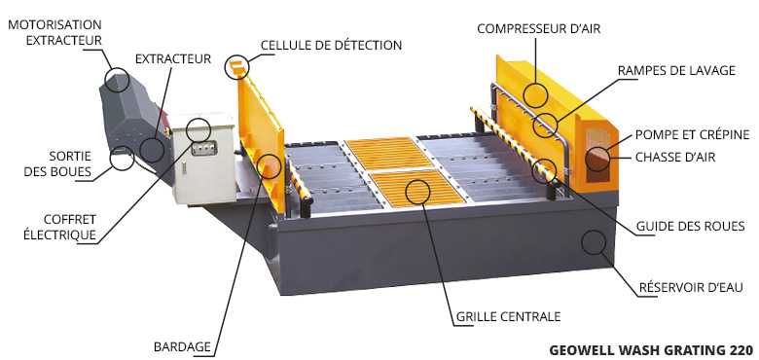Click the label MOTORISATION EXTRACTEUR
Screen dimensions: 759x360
(x=54, y=32)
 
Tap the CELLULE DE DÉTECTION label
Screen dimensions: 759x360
(x=331, y=46)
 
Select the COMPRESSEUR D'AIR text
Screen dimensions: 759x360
(x=538, y=29)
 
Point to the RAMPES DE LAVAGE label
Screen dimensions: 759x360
(x=676, y=71)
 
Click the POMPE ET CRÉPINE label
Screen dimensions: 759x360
(x=692, y=134)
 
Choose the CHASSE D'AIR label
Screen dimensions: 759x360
(x=674, y=158)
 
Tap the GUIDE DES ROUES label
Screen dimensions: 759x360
(x=690, y=226)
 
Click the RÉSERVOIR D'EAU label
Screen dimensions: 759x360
(x=691, y=287)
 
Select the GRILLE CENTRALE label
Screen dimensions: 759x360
(x=508, y=317)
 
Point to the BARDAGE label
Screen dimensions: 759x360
(x=182, y=347)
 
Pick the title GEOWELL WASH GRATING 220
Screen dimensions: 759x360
(x=651, y=350)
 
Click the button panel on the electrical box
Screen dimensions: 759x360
(x=203, y=148)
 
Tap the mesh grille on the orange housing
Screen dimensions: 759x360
(x=597, y=155)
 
